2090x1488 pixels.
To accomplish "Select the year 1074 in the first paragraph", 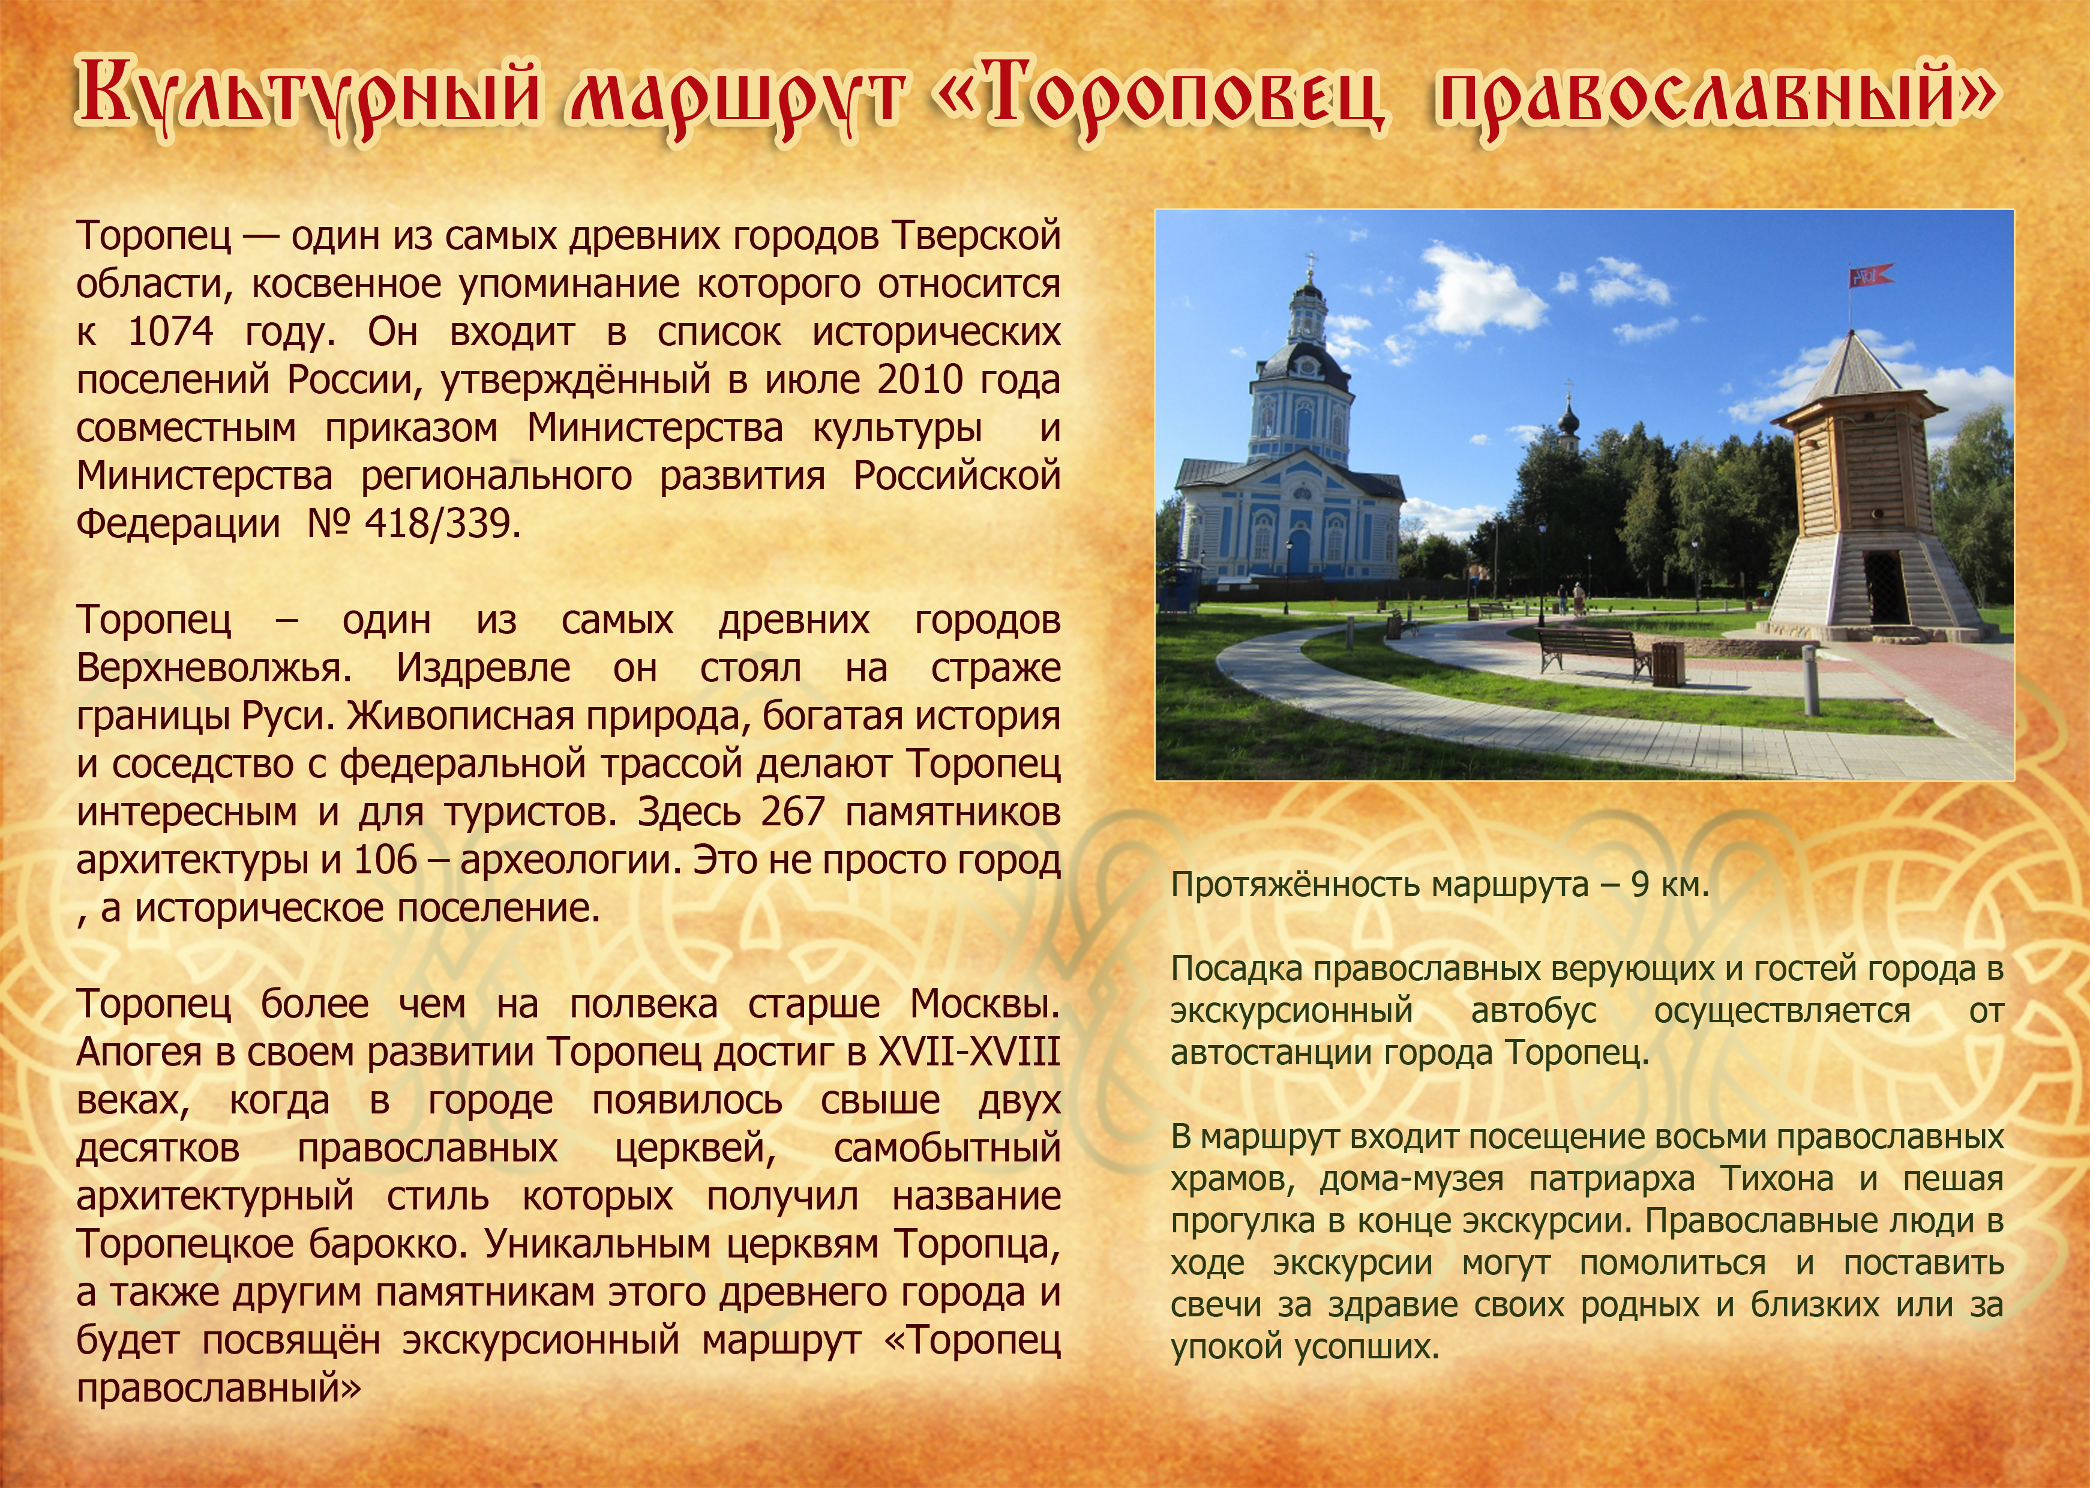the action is tap(171, 332).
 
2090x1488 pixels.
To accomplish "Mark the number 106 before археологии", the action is tap(386, 860).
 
